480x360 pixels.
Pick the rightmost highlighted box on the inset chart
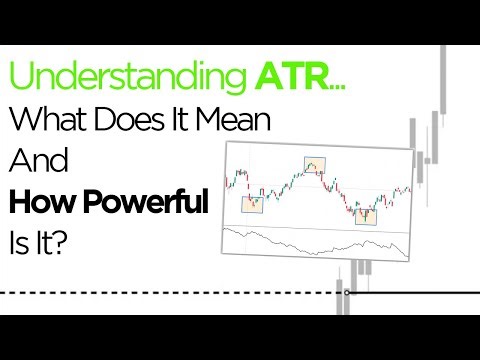(x=366, y=213)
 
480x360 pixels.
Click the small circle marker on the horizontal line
(x=346, y=293)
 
